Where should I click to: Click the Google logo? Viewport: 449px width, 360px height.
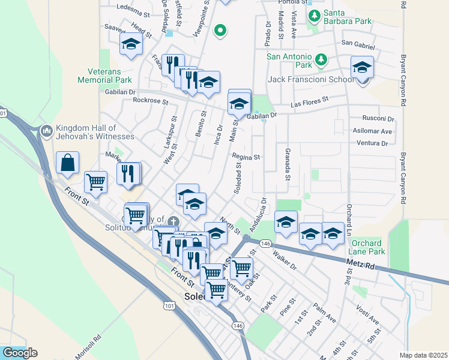pyautogui.click(x=20, y=353)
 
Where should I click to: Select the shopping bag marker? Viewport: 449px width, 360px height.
pyautogui.click(x=68, y=163)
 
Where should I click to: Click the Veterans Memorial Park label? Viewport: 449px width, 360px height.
pyautogui.click(x=104, y=80)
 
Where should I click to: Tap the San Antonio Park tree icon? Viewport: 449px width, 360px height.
pyautogui.click(x=321, y=59)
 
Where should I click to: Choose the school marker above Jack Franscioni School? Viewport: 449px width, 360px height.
pyautogui.click(x=362, y=68)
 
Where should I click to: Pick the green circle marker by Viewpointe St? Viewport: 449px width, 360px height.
pyautogui.click(x=220, y=30)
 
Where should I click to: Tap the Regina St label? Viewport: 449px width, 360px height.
pyautogui.click(x=246, y=157)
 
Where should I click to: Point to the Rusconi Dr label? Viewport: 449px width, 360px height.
pyautogui.click(x=378, y=119)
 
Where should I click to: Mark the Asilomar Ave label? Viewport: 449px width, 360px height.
pyautogui.click(x=373, y=131)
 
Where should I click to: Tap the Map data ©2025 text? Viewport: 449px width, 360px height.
pyautogui.click(x=423, y=355)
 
